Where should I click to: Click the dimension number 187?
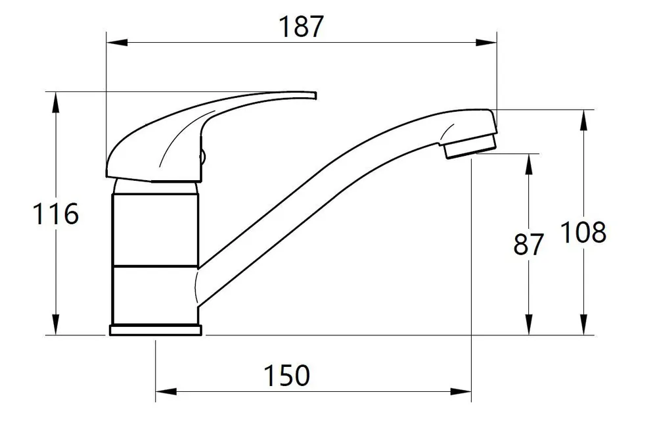[302, 26]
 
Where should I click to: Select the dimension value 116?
[56, 214]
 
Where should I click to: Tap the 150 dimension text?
[286, 375]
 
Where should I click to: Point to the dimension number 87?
[528, 244]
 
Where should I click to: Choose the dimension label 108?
[583, 232]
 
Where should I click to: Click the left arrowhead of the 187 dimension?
[117, 42]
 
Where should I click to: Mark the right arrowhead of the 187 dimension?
[486, 42]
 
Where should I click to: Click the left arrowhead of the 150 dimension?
[166, 392]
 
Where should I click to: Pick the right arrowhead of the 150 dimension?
[461, 392]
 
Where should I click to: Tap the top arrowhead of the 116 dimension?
[55, 102]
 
